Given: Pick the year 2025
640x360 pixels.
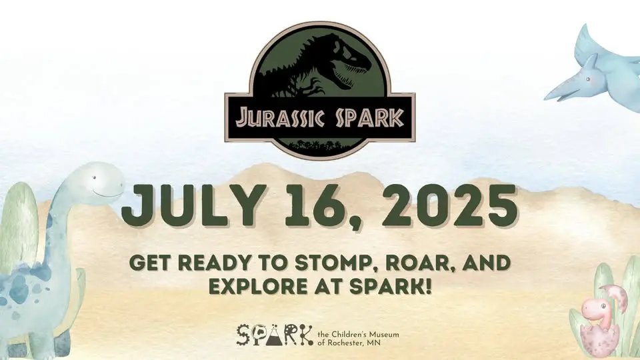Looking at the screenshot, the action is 449,206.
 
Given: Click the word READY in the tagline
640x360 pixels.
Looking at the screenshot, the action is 213,263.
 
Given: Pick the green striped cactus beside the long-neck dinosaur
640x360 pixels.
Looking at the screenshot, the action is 19,229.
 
